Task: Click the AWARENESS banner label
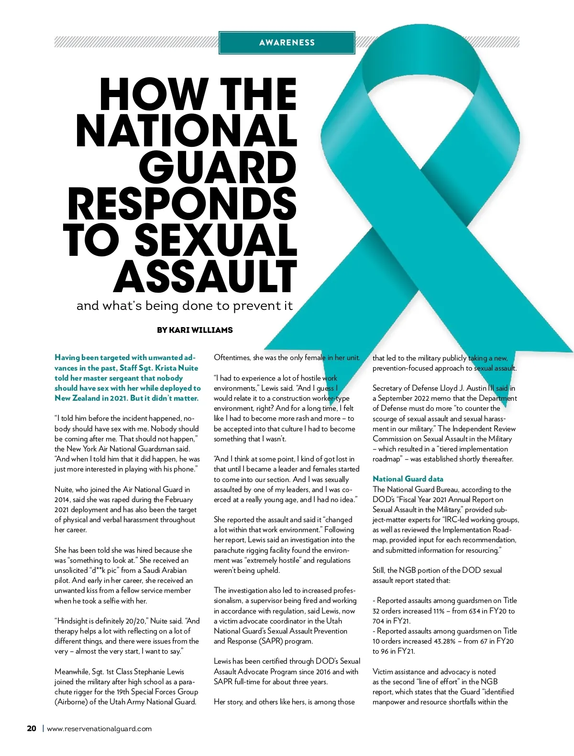(287, 43)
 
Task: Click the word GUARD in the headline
(221, 167)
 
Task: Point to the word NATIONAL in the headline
(187, 130)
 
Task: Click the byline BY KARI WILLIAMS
(195, 330)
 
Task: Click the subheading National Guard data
(408, 479)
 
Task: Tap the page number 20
(32, 729)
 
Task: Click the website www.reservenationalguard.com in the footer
(99, 729)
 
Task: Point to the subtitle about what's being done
(185, 306)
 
